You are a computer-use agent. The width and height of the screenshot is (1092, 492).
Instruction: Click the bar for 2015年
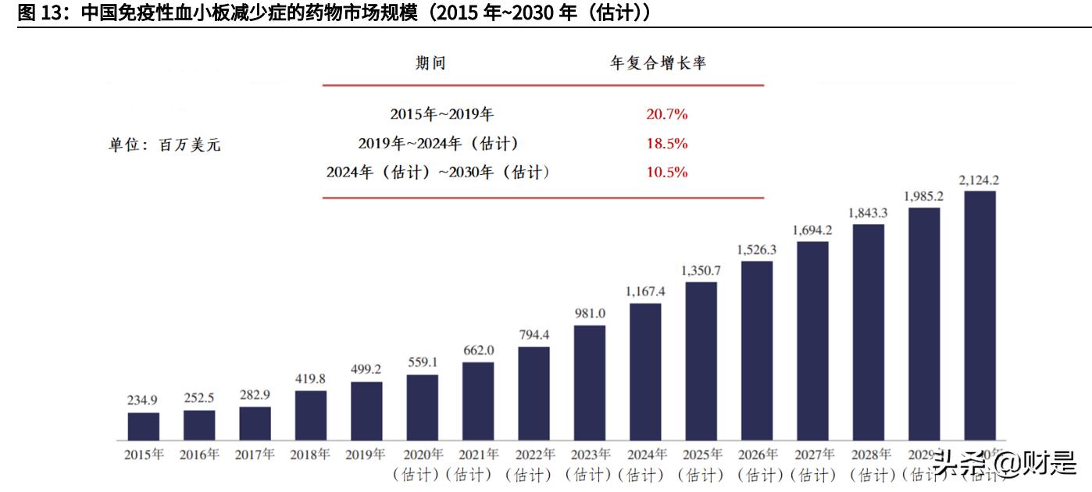pos(144,426)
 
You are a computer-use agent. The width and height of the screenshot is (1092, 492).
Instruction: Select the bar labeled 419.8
pos(311,415)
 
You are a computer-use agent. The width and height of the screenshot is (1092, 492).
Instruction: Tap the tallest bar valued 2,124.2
pos(980,315)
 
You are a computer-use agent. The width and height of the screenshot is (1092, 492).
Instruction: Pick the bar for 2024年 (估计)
pos(645,371)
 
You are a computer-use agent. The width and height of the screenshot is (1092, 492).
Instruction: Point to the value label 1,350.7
pos(701,270)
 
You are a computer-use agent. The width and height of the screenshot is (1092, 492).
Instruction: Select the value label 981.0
pos(590,313)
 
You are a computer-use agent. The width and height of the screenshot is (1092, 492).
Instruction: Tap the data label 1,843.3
pos(869,212)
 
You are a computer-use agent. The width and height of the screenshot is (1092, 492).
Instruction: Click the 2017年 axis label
pos(255,455)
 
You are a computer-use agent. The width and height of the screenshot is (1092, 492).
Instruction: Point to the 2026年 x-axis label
pos(757,455)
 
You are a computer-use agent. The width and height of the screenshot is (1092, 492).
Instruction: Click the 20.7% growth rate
pos(666,114)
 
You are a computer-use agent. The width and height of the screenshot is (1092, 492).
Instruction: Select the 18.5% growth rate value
pos(666,144)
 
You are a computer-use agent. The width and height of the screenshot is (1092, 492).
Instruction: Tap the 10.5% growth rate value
pos(666,173)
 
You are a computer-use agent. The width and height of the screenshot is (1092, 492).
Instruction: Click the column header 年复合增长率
pos(657,63)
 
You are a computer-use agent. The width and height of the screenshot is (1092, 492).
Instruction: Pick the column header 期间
pos(430,63)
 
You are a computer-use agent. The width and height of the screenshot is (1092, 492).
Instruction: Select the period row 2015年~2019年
pos(441,114)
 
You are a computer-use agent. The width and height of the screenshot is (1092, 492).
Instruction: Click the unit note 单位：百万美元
pos(164,144)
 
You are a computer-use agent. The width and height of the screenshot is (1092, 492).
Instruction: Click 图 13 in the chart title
pos(36,13)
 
